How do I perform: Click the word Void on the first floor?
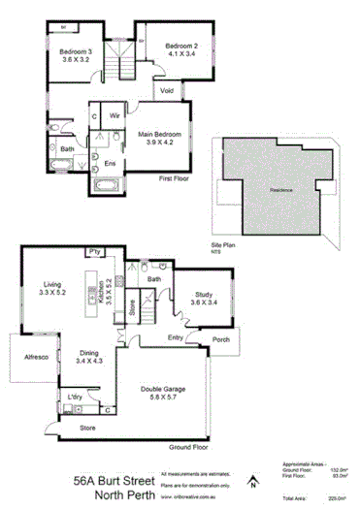(x=167, y=92)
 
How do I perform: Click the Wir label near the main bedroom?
(x=114, y=115)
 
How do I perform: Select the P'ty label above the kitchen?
(x=96, y=252)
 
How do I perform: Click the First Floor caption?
(x=177, y=178)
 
